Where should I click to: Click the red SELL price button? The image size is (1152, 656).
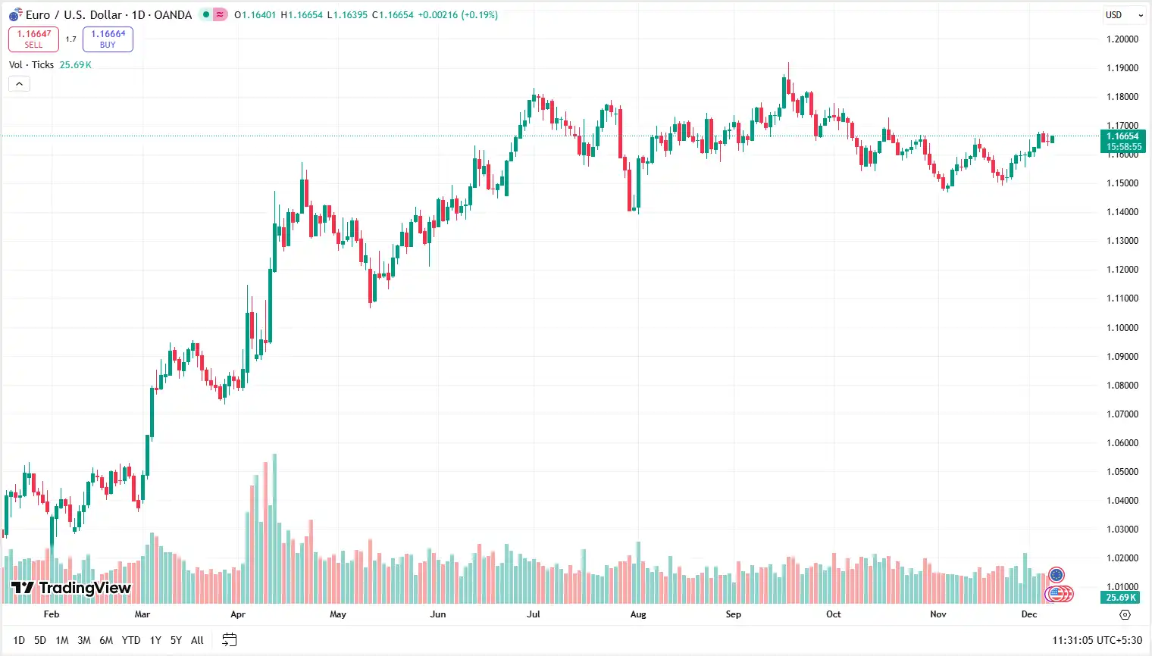coord(33,39)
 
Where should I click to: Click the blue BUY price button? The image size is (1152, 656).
coord(108,39)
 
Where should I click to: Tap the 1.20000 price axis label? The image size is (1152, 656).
coord(1122,39)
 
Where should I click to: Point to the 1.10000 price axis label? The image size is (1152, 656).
coord(1122,327)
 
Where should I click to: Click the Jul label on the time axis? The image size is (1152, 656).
coord(534,614)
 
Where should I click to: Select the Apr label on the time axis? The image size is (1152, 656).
coord(238,614)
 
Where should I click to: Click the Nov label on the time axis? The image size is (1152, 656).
coord(938,614)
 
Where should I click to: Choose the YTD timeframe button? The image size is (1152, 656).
coord(131,640)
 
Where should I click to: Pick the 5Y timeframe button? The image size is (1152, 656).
coord(176,640)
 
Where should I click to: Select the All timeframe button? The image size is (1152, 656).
coord(197,640)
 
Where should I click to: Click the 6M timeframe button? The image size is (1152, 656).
coord(106,640)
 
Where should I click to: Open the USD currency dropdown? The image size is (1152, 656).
coord(1124,14)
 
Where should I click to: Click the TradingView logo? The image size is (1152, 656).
coord(71,588)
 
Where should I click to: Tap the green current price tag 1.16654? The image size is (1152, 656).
coord(1123,141)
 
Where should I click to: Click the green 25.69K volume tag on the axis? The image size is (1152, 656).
coord(1121,598)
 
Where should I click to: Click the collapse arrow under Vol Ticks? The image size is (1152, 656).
coord(19,83)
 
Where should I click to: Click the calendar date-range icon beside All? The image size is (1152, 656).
coord(230,640)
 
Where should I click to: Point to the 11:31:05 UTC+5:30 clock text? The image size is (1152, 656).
coord(1097,640)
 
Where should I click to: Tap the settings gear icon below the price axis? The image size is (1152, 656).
coord(1125,614)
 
